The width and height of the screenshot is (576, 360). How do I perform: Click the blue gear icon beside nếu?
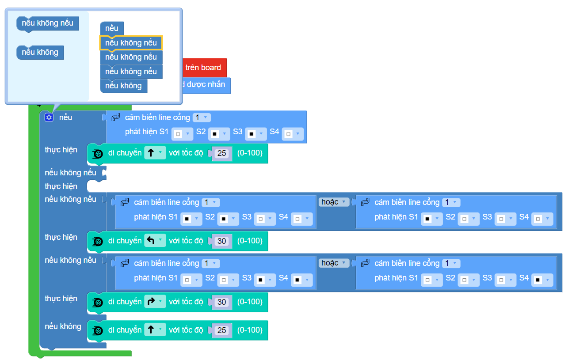(x=49, y=117)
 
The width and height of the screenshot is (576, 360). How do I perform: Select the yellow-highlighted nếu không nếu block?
(x=131, y=43)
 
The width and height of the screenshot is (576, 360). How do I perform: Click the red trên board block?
(x=203, y=68)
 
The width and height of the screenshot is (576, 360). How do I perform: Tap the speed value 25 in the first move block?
(x=222, y=153)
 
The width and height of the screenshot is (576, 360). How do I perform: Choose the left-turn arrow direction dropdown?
(x=155, y=241)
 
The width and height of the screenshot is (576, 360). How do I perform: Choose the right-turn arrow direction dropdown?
(x=155, y=302)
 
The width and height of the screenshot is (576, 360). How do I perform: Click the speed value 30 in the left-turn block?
(x=222, y=241)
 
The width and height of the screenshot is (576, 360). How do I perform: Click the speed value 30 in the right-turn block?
(x=222, y=302)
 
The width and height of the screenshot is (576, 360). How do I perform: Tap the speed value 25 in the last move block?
(x=222, y=330)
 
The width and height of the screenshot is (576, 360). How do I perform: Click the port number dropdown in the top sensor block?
(x=202, y=117)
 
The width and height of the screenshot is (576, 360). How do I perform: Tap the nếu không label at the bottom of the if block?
(x=63, y=326)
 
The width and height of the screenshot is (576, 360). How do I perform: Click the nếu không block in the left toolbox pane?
(x=40, y=52)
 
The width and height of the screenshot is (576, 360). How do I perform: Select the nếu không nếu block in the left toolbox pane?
(x=47, y=23)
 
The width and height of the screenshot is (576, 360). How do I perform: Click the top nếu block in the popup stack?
(x=112, y=29)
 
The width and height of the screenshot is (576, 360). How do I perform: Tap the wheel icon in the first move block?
(x=98, y=153)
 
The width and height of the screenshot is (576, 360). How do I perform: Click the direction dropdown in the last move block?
(x=155, y=330)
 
